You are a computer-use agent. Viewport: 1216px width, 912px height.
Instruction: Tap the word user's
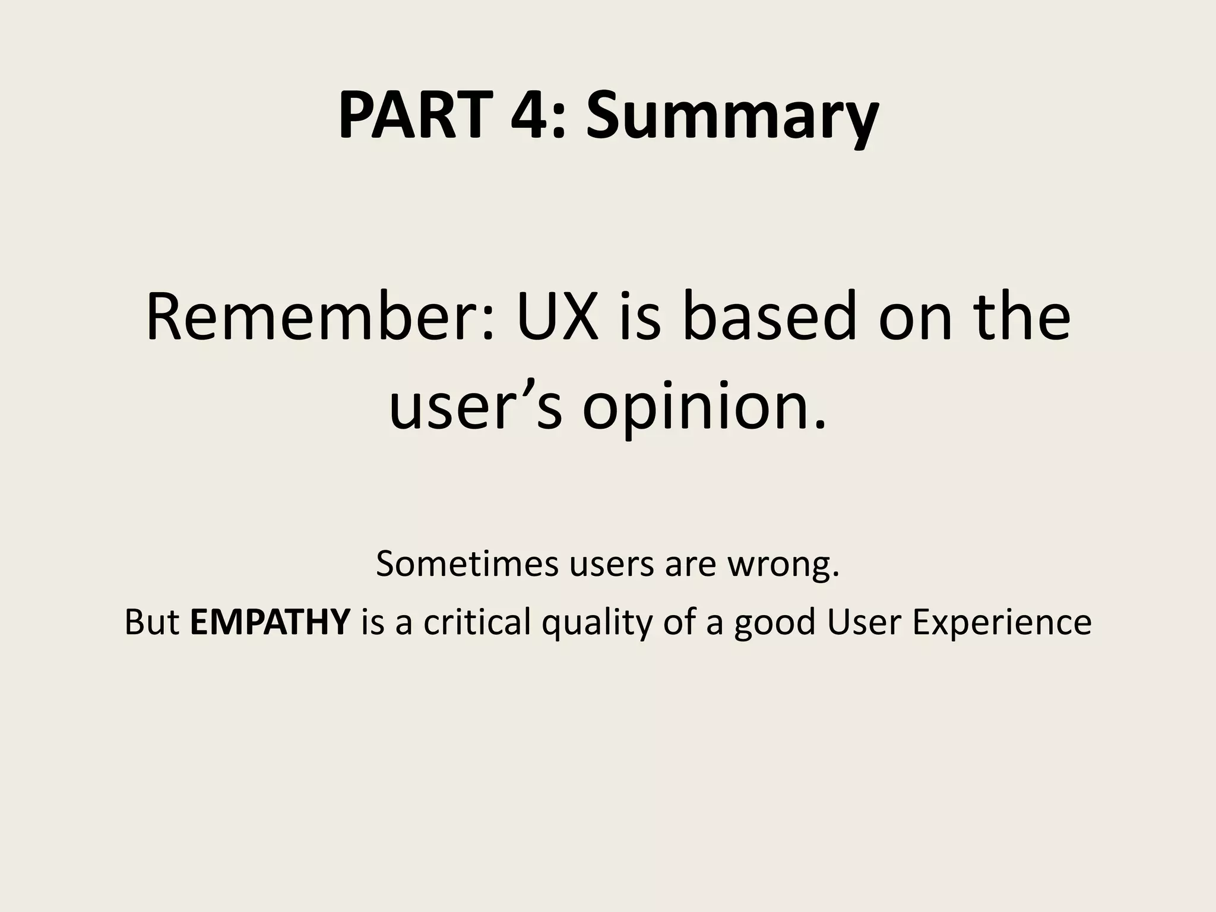click(x=475, y=410)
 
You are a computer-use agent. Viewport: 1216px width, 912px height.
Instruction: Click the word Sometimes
click(x=467, y=564)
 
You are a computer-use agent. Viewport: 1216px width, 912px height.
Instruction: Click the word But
click(x=152, y=622)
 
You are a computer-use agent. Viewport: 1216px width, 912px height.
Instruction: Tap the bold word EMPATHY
click(x=270, y=622)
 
